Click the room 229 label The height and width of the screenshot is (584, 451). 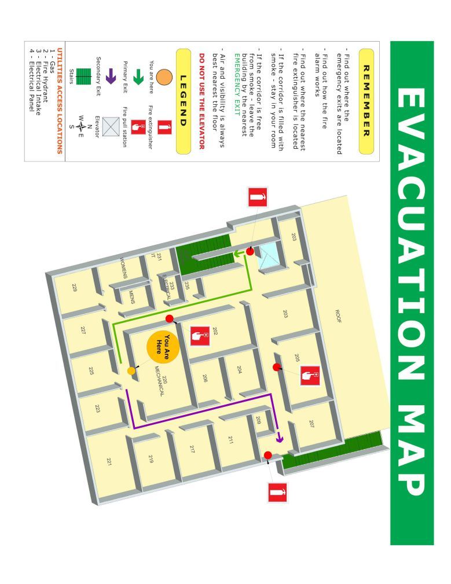pyautogui.click(x=74, y=287)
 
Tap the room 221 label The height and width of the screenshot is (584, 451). pyautogui.click(x=108, y=461)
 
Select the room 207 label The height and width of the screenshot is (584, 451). pyautogui.click(x=311, y=424)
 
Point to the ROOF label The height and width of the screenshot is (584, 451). pyautogui.click(x=339, y=315)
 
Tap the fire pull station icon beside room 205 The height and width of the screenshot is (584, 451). pyautogui.click(x=310, y=376)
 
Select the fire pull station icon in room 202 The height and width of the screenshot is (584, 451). pyautogui.click(x=200, y=336)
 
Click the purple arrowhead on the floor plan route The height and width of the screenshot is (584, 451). pyautogui.click(x=280, y=438)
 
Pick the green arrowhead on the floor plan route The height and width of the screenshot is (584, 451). pyautogui.click(x=238, y=254)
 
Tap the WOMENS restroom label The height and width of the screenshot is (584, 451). pyautogui.click(x=123, y=267)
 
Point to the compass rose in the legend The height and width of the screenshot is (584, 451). pyautogui.click(x=81, y=123)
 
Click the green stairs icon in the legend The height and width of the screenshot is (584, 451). pyautogui.click(x=85, y=76)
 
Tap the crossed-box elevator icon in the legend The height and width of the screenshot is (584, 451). pyautogui.click(x=111, y=125)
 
